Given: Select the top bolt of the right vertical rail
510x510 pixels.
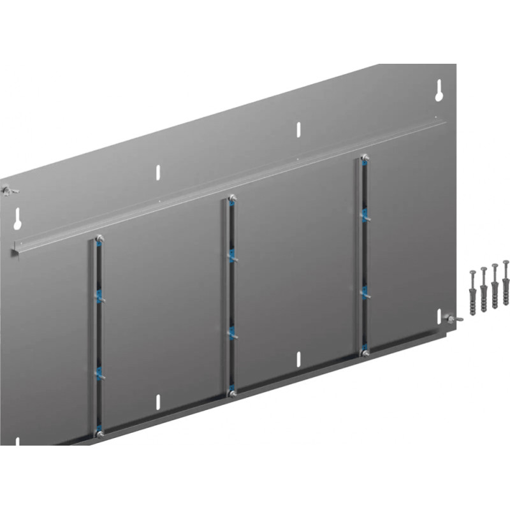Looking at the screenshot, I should (x=364, y=157).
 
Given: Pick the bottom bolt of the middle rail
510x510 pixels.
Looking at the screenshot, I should (x=232, y=393).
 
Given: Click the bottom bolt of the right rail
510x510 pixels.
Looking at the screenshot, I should (x=364, y=352).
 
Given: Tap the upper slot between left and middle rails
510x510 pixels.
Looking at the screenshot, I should (x=159, y=172).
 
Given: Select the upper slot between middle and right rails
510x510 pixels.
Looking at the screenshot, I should (x=298, y=129).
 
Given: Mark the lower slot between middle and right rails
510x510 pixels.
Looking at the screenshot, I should (x=298, y=358).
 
